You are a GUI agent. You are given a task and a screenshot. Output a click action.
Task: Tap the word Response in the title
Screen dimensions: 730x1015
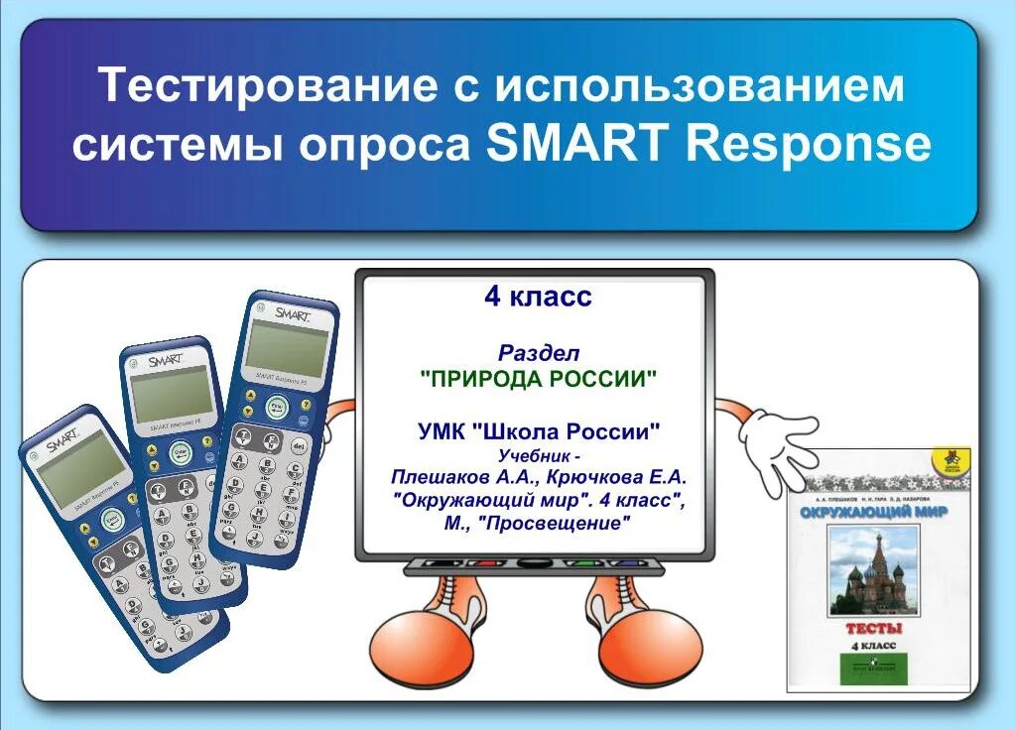click(809, 146)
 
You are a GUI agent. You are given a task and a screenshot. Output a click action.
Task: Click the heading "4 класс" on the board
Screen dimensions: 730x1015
click(537, 296)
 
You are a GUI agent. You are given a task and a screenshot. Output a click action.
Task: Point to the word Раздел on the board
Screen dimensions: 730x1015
click(538, 352)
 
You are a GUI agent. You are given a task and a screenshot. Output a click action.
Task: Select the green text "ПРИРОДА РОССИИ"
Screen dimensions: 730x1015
click(538, 378)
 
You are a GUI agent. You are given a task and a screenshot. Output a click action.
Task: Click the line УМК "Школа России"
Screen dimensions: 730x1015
click(538, 431)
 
